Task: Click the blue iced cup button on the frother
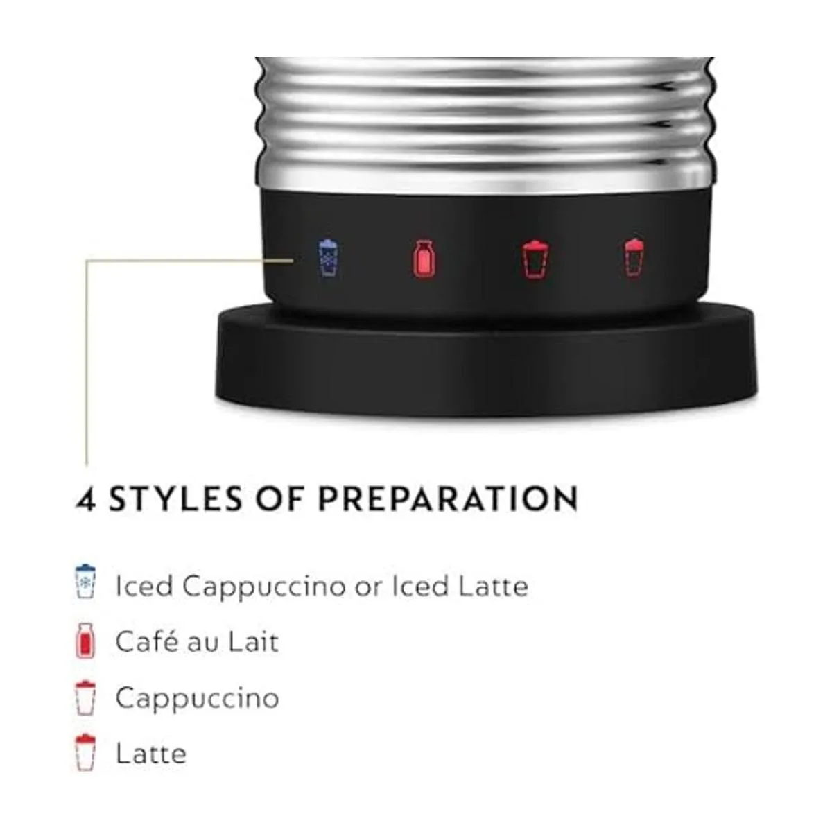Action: pyautogui.click(x=329, y=258)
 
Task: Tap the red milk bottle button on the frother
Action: pyautogui.click(x=424, y=258)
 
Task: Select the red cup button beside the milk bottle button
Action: pyautogui.click(x=535, y=259)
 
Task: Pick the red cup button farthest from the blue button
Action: pyautogui.click(x=634, y=258)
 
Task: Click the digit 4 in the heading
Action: pyautogui.click(x=86, y=499)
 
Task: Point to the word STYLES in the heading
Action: pyautogui.click(x=175, y=499)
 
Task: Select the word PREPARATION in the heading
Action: pyautogui.click(x=448, y=499)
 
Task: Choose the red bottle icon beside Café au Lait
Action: pyautogui.click(x=85, y=641)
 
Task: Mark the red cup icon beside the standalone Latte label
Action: pyautogui.click(x=85, y=753)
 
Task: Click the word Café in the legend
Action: pyautogui.click(x=147, y=641)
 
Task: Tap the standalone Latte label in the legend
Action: pyautogui.click(x=151, y=754)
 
